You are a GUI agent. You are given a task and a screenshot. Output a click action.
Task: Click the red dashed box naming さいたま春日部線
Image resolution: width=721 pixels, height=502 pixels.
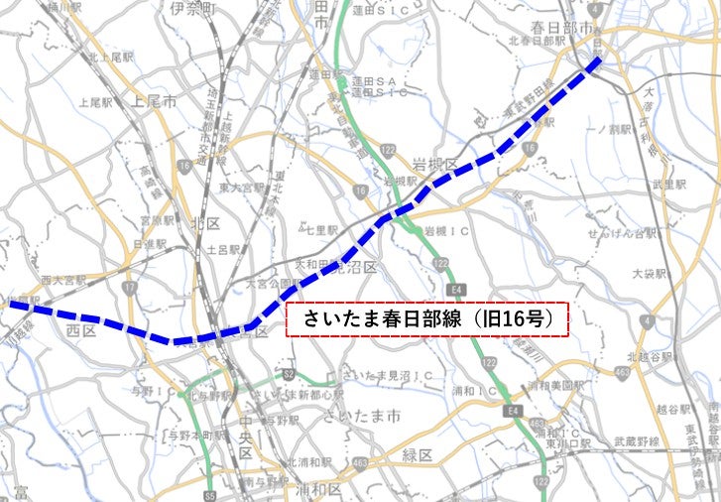[x=426, y=319]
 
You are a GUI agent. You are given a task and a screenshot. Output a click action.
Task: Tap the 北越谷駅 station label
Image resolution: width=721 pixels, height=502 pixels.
[x=650, y=355]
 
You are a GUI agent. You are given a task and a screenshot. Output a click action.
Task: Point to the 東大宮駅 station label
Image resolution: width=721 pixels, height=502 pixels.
[x=242, y=186]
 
